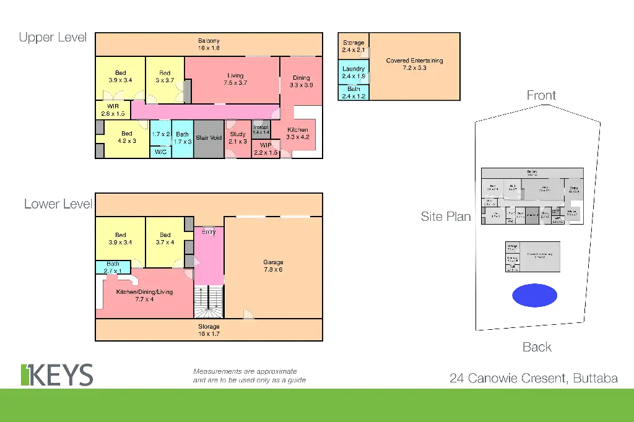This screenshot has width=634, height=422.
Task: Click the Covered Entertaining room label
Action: coord(414,64)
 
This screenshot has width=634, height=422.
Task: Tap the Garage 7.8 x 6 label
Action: coord(272,266)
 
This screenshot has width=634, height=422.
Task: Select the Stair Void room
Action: coord(209,137)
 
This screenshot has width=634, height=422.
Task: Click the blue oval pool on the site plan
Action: coord(534,295)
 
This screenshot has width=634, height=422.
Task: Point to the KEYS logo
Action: coord(57,374)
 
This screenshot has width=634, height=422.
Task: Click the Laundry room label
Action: coord(354,72)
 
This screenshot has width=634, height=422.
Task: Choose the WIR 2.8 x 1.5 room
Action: coord(113,110)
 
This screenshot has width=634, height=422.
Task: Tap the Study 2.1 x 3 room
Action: coord(238,137)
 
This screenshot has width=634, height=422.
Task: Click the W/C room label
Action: coord(160,151)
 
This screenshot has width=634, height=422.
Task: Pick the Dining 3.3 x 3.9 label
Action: coord(302,82)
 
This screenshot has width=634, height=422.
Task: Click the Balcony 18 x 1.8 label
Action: coord(209,44)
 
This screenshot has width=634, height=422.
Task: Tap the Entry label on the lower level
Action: coord(209,232)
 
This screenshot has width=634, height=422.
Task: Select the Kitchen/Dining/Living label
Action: coord(144,296)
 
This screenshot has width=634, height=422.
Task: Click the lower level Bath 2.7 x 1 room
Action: coord(113,267)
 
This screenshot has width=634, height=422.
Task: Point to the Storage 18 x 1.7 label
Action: coord(209,330)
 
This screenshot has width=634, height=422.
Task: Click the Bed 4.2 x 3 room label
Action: coord(126,137)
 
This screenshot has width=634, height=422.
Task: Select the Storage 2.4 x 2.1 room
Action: coord(354,46)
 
